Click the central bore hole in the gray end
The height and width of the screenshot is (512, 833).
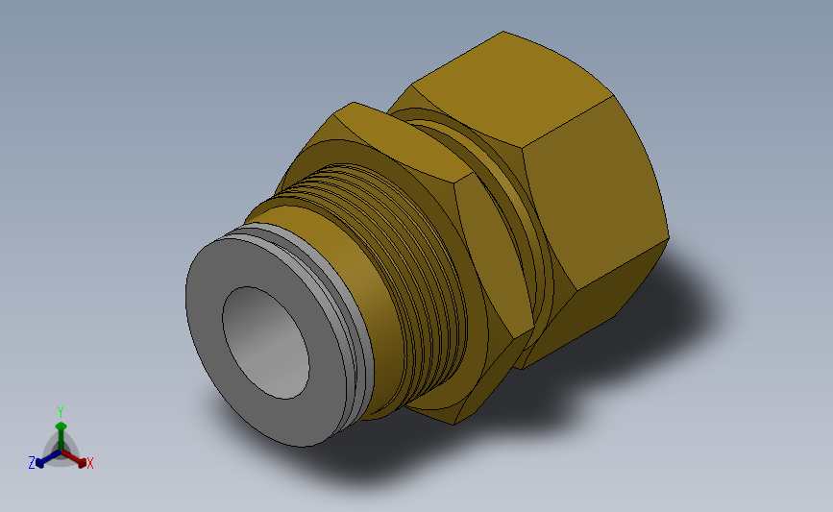pyautogui.click(x=265, y=343)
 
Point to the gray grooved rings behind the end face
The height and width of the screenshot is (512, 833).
pyautogui.click(x=340, y=298)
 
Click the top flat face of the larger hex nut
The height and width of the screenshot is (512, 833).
pyautogui.click(x=513, y=87)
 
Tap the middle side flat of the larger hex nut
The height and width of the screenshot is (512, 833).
pyautogui.click(x=595, y=191)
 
